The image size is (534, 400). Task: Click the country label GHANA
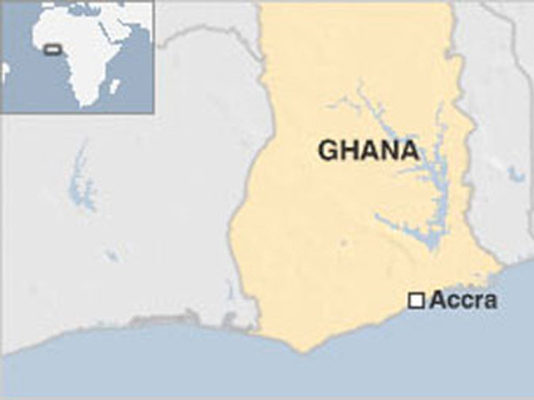(368, 150)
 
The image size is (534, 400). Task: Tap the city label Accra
(463, 301)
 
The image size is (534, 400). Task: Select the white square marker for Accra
(416, 301)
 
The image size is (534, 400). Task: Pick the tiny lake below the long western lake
(111, 256)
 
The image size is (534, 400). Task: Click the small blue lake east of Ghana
(515, 173)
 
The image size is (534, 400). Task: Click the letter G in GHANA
(328, 150)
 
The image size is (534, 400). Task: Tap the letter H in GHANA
(349, 150)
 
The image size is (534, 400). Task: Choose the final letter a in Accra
(490, 302)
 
